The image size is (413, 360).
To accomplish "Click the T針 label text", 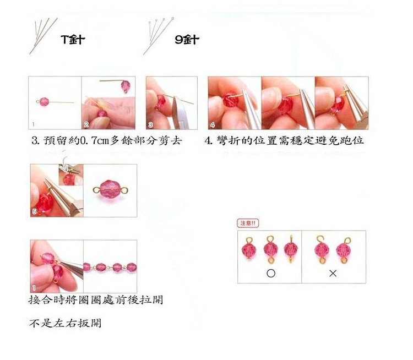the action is (73, 40).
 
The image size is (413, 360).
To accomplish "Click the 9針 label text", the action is (187, 40).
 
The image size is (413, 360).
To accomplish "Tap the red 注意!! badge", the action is (248, 223).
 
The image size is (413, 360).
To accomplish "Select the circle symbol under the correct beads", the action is (271, 274).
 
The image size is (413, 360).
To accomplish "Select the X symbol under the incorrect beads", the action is (333, 274).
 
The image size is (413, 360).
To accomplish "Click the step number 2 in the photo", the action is (86, 124).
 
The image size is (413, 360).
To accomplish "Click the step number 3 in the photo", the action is (150, 124).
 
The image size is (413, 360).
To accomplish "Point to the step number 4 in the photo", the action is (213, 125).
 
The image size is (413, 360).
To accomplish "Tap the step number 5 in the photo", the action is (34, 211).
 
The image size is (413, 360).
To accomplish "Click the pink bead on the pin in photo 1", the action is (44, 102).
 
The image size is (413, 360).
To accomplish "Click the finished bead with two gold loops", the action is (110, 189).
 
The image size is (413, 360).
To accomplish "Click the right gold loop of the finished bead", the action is (125, 189).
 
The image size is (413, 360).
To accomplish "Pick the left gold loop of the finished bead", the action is (96, 190).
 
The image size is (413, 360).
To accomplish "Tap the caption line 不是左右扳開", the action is (65, 323).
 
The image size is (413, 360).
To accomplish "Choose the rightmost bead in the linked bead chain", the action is (132, 268).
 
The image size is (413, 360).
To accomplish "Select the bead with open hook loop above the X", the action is (322, 249).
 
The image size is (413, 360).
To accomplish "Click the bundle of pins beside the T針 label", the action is (44, 36).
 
